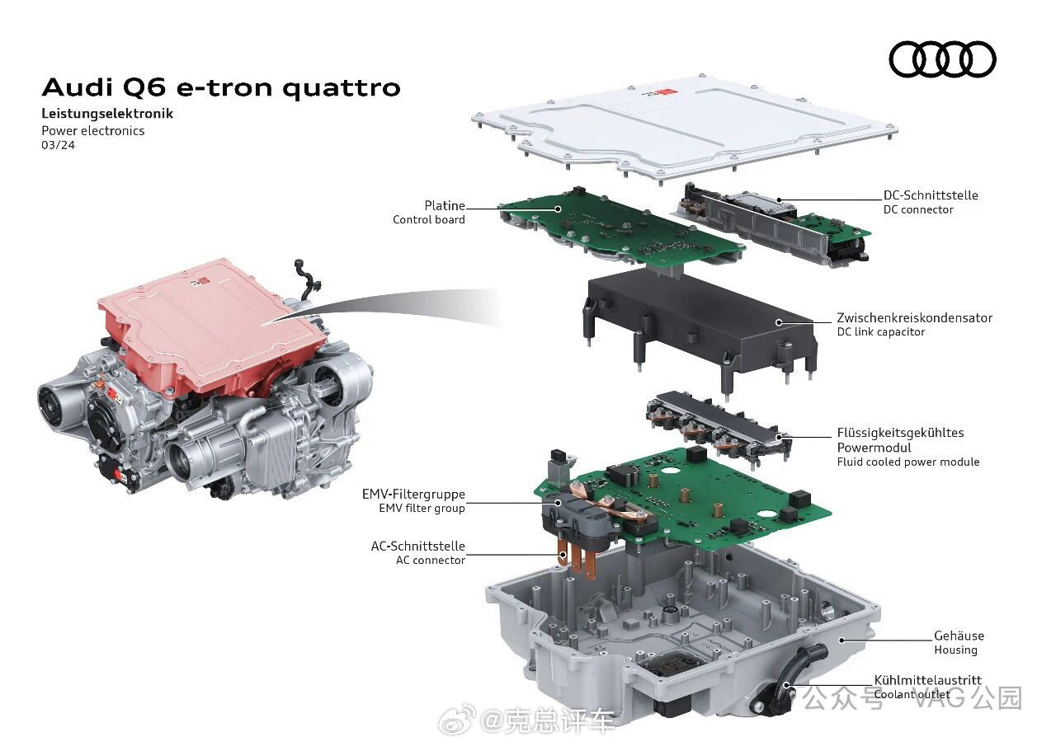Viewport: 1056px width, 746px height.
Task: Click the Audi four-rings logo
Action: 942,59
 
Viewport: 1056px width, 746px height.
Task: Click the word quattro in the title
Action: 342,88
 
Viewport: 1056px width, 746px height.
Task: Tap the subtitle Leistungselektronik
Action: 107,114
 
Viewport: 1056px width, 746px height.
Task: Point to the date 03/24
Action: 58,145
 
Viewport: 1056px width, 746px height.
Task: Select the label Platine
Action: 444,206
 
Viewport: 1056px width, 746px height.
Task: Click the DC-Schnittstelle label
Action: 930,195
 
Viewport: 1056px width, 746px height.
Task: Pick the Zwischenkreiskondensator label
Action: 914,318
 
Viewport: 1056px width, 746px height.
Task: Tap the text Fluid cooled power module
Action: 908,462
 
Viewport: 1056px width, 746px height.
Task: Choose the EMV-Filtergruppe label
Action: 413,494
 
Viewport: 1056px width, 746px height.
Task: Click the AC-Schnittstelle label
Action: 417,546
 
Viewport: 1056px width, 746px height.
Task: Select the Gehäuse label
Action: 959,636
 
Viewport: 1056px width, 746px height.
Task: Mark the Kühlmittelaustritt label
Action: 928,680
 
